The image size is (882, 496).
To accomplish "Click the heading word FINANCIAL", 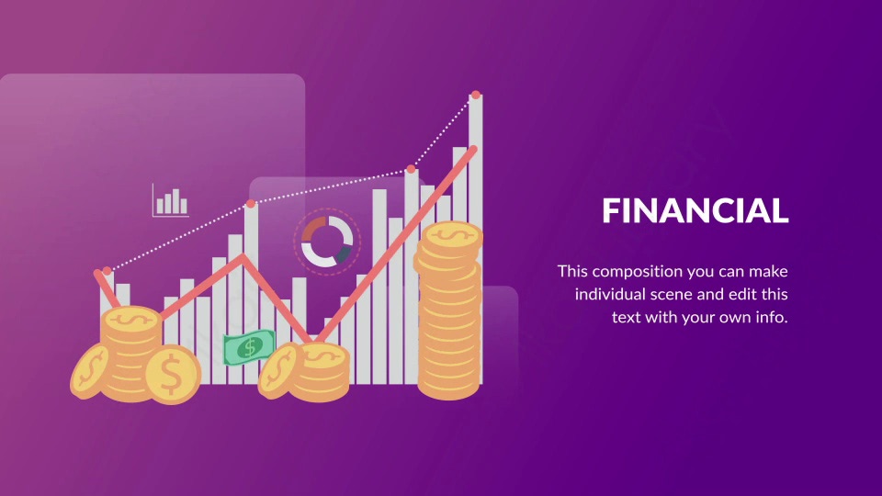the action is (x=695, y=210).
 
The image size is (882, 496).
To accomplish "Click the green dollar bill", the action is (x=249, y=347).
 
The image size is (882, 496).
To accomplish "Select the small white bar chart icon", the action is (x=171, y=200).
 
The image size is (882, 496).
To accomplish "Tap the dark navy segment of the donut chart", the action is (x=343, y=254).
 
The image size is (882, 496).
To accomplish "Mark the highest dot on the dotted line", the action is (x=476, y=95).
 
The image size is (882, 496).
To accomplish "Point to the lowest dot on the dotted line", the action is (x=107, y=271).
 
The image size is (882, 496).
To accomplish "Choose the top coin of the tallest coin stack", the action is (x=452, y=235).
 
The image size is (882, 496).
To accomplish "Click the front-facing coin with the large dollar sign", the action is (x=173, y=374).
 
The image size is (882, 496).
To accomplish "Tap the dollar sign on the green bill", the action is (x=250, y=348).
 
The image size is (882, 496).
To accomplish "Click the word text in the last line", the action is (x=626, y=318).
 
